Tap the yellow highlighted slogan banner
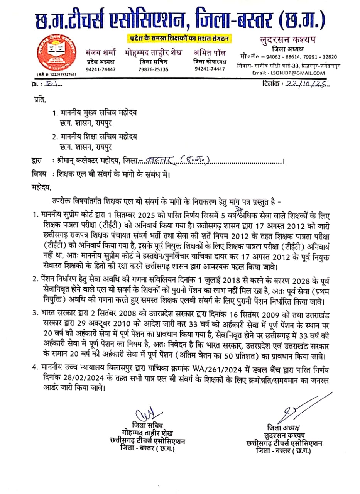click(x=179, y=38)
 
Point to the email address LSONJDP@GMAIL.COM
click(x=300, y=73)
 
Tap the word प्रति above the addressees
click(x=39, y=102)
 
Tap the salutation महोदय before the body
click(x=41, y=187)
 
